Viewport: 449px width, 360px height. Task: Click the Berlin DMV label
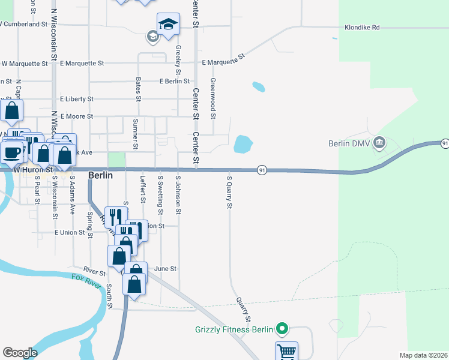tap(348, 143)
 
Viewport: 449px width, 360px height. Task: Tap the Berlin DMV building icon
tap(379, 143)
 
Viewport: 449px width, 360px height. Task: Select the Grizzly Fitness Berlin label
tap(234, 329)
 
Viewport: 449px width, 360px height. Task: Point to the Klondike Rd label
tap(362, 28)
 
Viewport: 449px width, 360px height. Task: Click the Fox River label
tap(86, 280)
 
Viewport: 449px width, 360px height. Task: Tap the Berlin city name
tap(100, 175)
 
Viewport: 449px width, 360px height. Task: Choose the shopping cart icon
tap(287, 351)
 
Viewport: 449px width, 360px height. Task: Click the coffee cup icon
tap(11, 151)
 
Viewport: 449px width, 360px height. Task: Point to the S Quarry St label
tap(229, 191)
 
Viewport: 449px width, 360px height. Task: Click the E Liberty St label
tap(76, 99)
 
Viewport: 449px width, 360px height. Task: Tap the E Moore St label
tap(76, 116)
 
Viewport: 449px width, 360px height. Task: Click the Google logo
tap(20, 353)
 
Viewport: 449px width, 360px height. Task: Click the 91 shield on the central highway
tap(262, 170)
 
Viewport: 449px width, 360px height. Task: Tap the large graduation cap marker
tap(168, 23)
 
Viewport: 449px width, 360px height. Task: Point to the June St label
tap(165, 269)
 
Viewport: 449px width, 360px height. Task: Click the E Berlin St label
tap(175, 81)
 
